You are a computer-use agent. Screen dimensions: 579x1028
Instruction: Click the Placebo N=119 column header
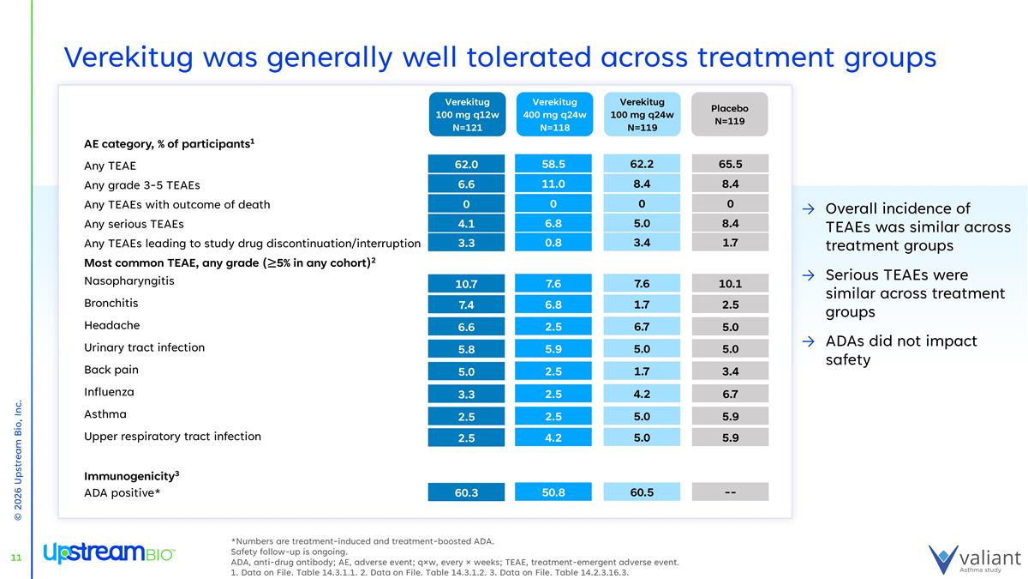coord(730,114)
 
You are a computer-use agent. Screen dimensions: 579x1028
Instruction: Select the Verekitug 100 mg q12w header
coord(467,114)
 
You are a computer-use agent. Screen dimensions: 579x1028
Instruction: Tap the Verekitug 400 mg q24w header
coord(554,114)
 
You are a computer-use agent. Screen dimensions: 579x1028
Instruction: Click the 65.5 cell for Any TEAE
coord(730,163)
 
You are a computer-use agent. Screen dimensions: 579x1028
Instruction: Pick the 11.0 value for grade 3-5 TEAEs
coord(554,183)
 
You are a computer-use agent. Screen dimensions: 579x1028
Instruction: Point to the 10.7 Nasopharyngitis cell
coord(467,283)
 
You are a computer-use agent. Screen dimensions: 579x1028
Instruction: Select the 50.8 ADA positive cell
coord(554,492)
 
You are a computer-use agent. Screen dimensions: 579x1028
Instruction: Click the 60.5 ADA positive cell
coord(642,492)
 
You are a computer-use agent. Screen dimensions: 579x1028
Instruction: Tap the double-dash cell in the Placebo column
coord(730,492)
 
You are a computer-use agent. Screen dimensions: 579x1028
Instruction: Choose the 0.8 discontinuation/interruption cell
coord(554,243)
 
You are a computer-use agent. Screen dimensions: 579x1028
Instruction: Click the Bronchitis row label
coord(111,304)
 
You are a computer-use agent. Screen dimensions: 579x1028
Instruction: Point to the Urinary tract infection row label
coord(145,348)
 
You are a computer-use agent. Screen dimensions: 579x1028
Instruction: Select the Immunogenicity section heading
coord(131,475)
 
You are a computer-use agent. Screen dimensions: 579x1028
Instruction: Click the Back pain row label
coord(111,371)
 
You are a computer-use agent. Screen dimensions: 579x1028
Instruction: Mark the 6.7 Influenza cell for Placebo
coord(730,394)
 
